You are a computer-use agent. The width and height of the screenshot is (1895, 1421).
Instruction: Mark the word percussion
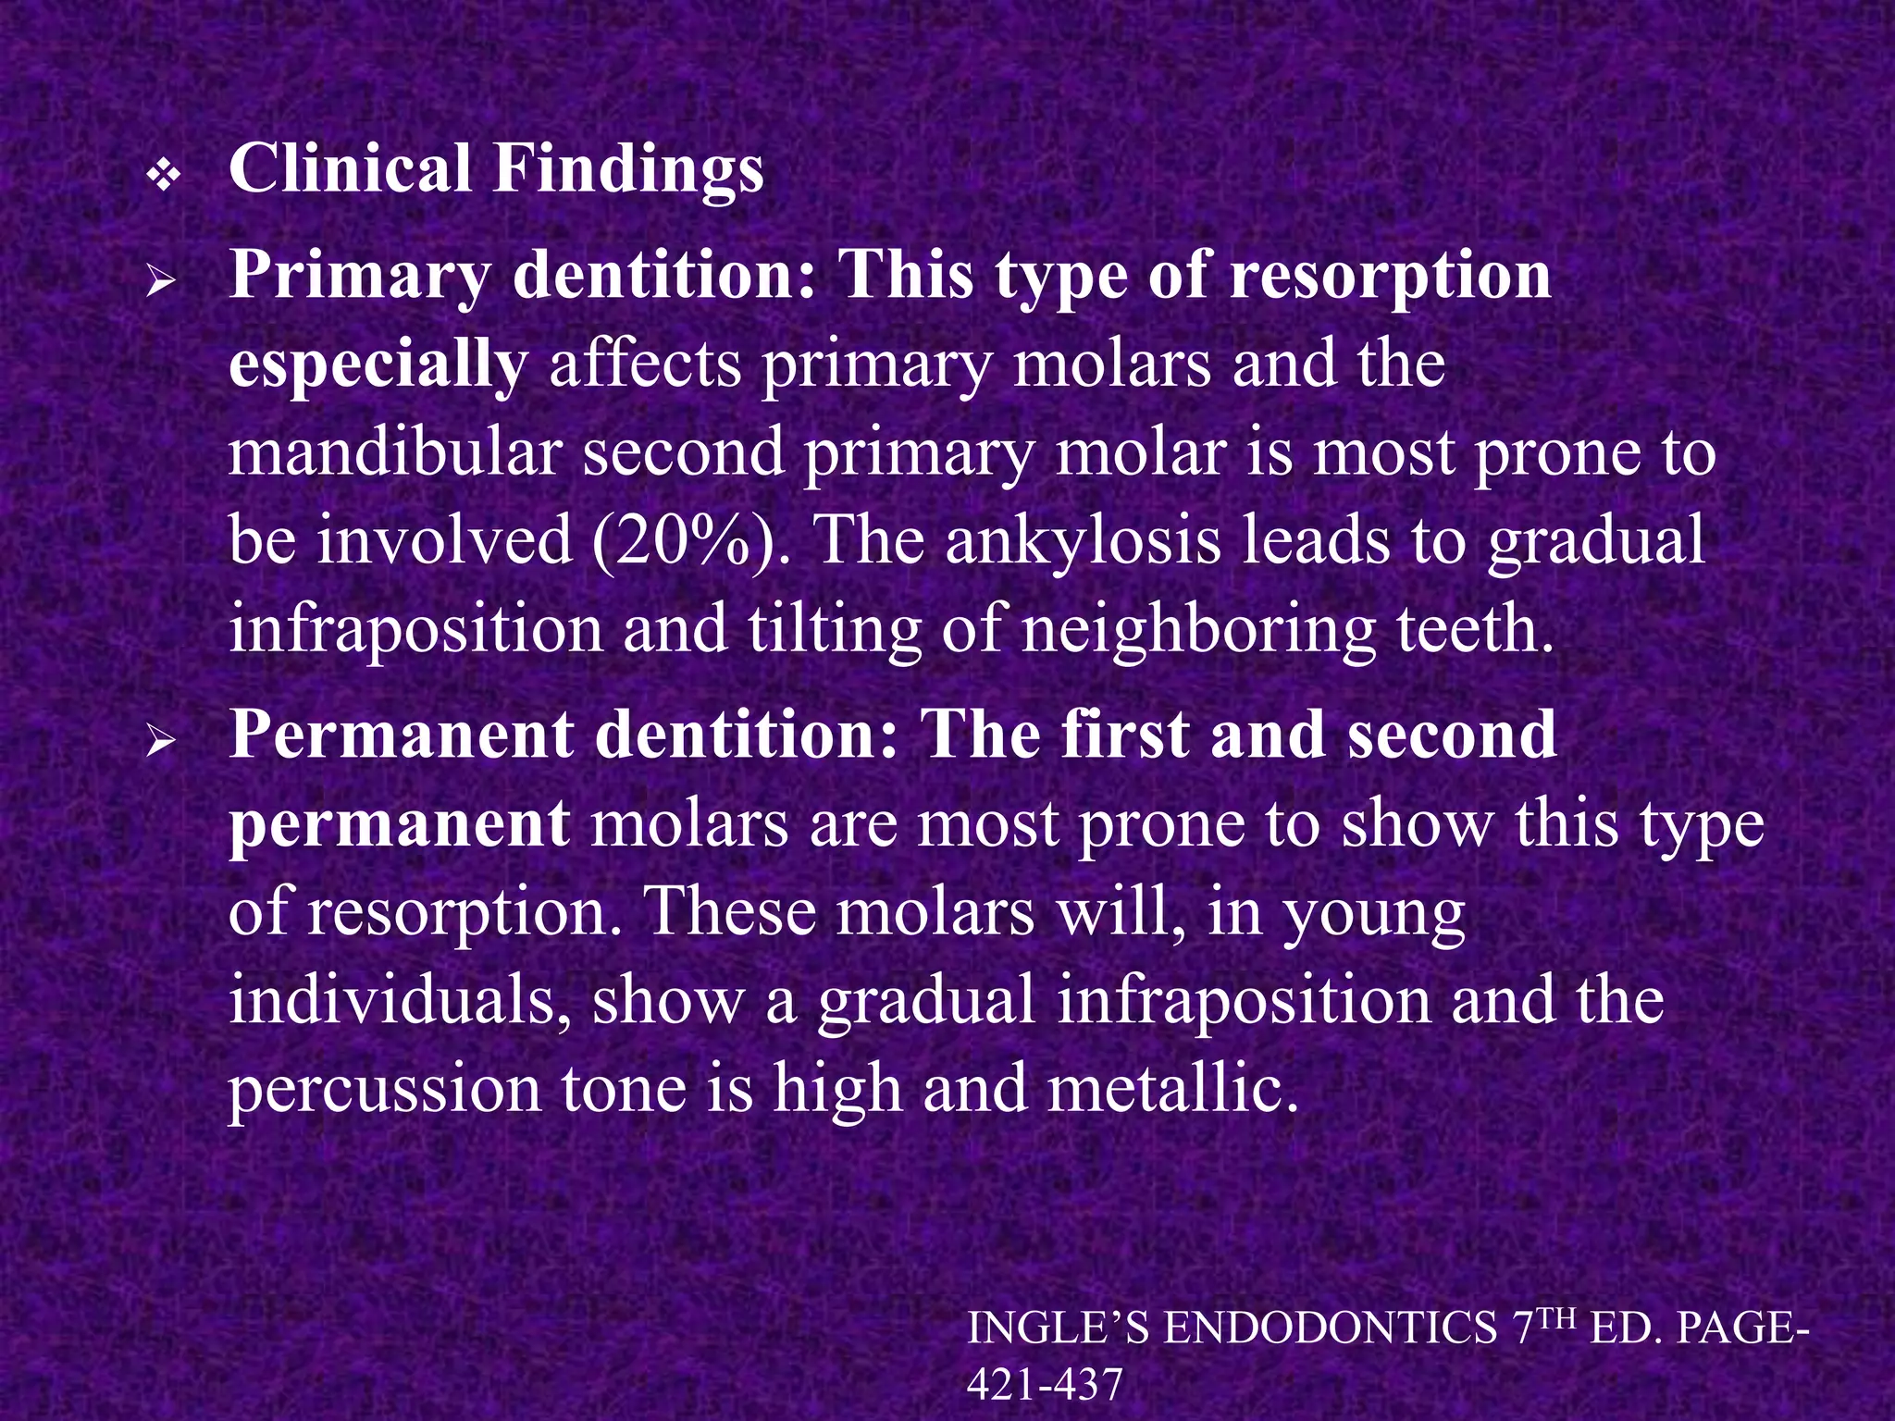pos(384,1089)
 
